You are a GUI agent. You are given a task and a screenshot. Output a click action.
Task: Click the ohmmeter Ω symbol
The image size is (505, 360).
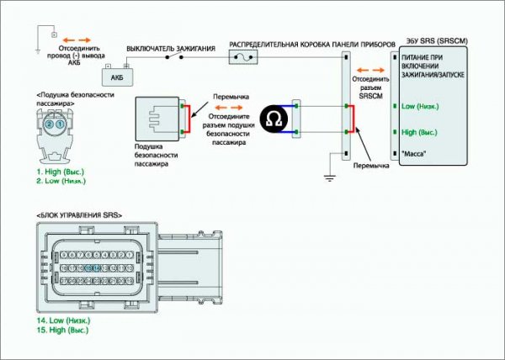[272, 119]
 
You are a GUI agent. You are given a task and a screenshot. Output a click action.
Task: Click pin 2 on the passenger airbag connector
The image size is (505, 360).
[50, 124]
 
